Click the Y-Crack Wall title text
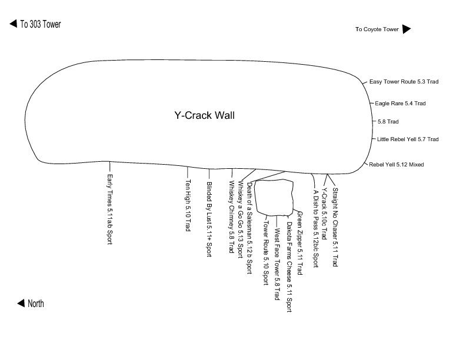[204, 116]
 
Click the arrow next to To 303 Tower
[12, 24]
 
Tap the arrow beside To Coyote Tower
[407, 29]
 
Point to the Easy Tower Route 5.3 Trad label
[404, 82]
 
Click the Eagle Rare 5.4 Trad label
[408, 104]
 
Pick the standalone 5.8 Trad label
[388, 122]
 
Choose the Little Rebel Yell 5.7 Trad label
[408, 139]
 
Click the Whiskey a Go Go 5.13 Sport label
[241, 221]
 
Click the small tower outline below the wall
[275, 196]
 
